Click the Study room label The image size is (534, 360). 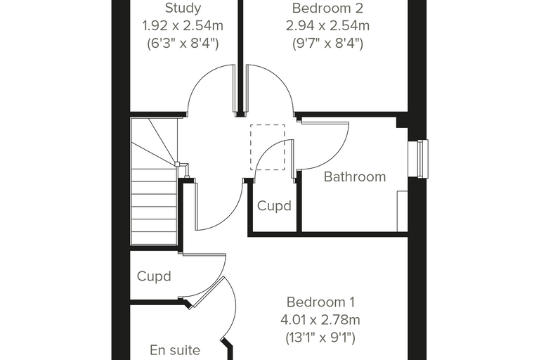[183, 8]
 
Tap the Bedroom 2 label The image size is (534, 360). [327, 8]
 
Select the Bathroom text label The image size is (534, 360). [355, 176]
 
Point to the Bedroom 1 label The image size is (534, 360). [320, 302]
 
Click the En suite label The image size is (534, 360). [175, 350]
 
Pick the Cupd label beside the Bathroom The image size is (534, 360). [274, 205]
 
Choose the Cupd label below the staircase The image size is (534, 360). [154, 276]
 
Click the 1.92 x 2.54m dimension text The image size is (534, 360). [183, 25]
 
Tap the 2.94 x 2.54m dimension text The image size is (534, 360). [327, 25]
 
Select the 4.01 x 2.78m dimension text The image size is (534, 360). [320, 320]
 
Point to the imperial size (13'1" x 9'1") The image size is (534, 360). [320, 337]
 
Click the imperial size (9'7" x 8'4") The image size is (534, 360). [327, 44]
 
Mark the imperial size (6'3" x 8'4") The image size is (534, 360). [183, 44]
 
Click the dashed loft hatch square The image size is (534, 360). [268, 147]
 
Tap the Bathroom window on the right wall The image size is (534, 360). [418, 159]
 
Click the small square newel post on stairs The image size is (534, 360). [177, 164]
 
